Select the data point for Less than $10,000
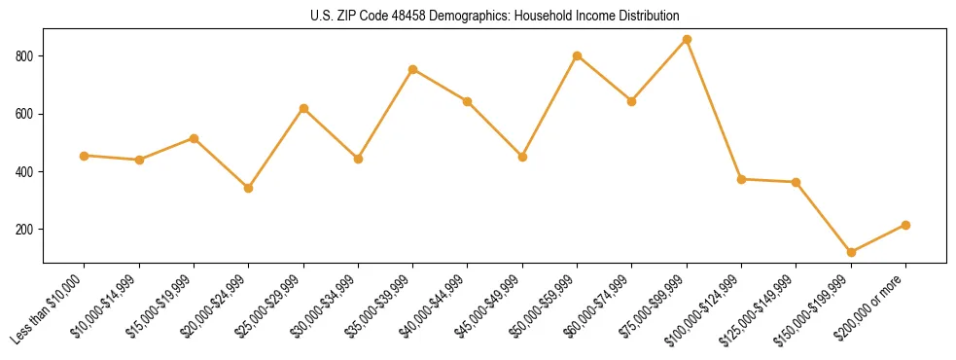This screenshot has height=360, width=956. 85,156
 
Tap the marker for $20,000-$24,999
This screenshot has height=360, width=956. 249,188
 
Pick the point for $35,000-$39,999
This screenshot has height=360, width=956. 413,69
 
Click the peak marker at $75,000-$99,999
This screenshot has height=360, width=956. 687,39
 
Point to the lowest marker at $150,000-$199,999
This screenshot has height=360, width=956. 851,252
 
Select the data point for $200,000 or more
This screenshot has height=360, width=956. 905,225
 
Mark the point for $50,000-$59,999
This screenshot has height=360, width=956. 578,55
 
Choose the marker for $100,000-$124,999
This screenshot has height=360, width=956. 741,179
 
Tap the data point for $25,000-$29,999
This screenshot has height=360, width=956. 303,108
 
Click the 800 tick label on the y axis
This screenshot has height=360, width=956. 27,56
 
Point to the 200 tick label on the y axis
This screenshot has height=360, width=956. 27,230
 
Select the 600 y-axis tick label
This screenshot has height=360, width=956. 27,114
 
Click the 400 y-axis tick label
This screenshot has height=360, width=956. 27,172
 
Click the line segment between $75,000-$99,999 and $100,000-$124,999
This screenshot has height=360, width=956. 714,109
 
